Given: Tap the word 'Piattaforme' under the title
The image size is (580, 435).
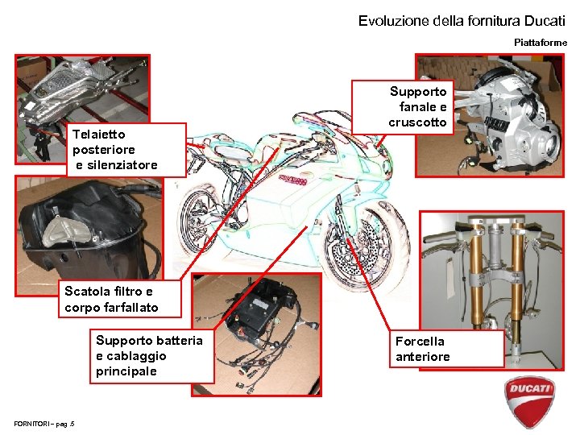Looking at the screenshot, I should [540, 42].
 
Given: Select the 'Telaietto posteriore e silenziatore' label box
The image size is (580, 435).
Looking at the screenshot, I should [126, 149].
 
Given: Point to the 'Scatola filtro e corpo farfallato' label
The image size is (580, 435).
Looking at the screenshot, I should [120, 299].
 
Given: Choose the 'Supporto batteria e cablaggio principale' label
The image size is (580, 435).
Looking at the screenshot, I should [151, 355].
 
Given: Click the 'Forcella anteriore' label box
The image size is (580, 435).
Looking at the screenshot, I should [446, 349].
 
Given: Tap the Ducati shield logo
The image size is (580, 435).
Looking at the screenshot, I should [530, 401].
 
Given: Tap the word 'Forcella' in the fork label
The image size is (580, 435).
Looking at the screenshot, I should [420, 342].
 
